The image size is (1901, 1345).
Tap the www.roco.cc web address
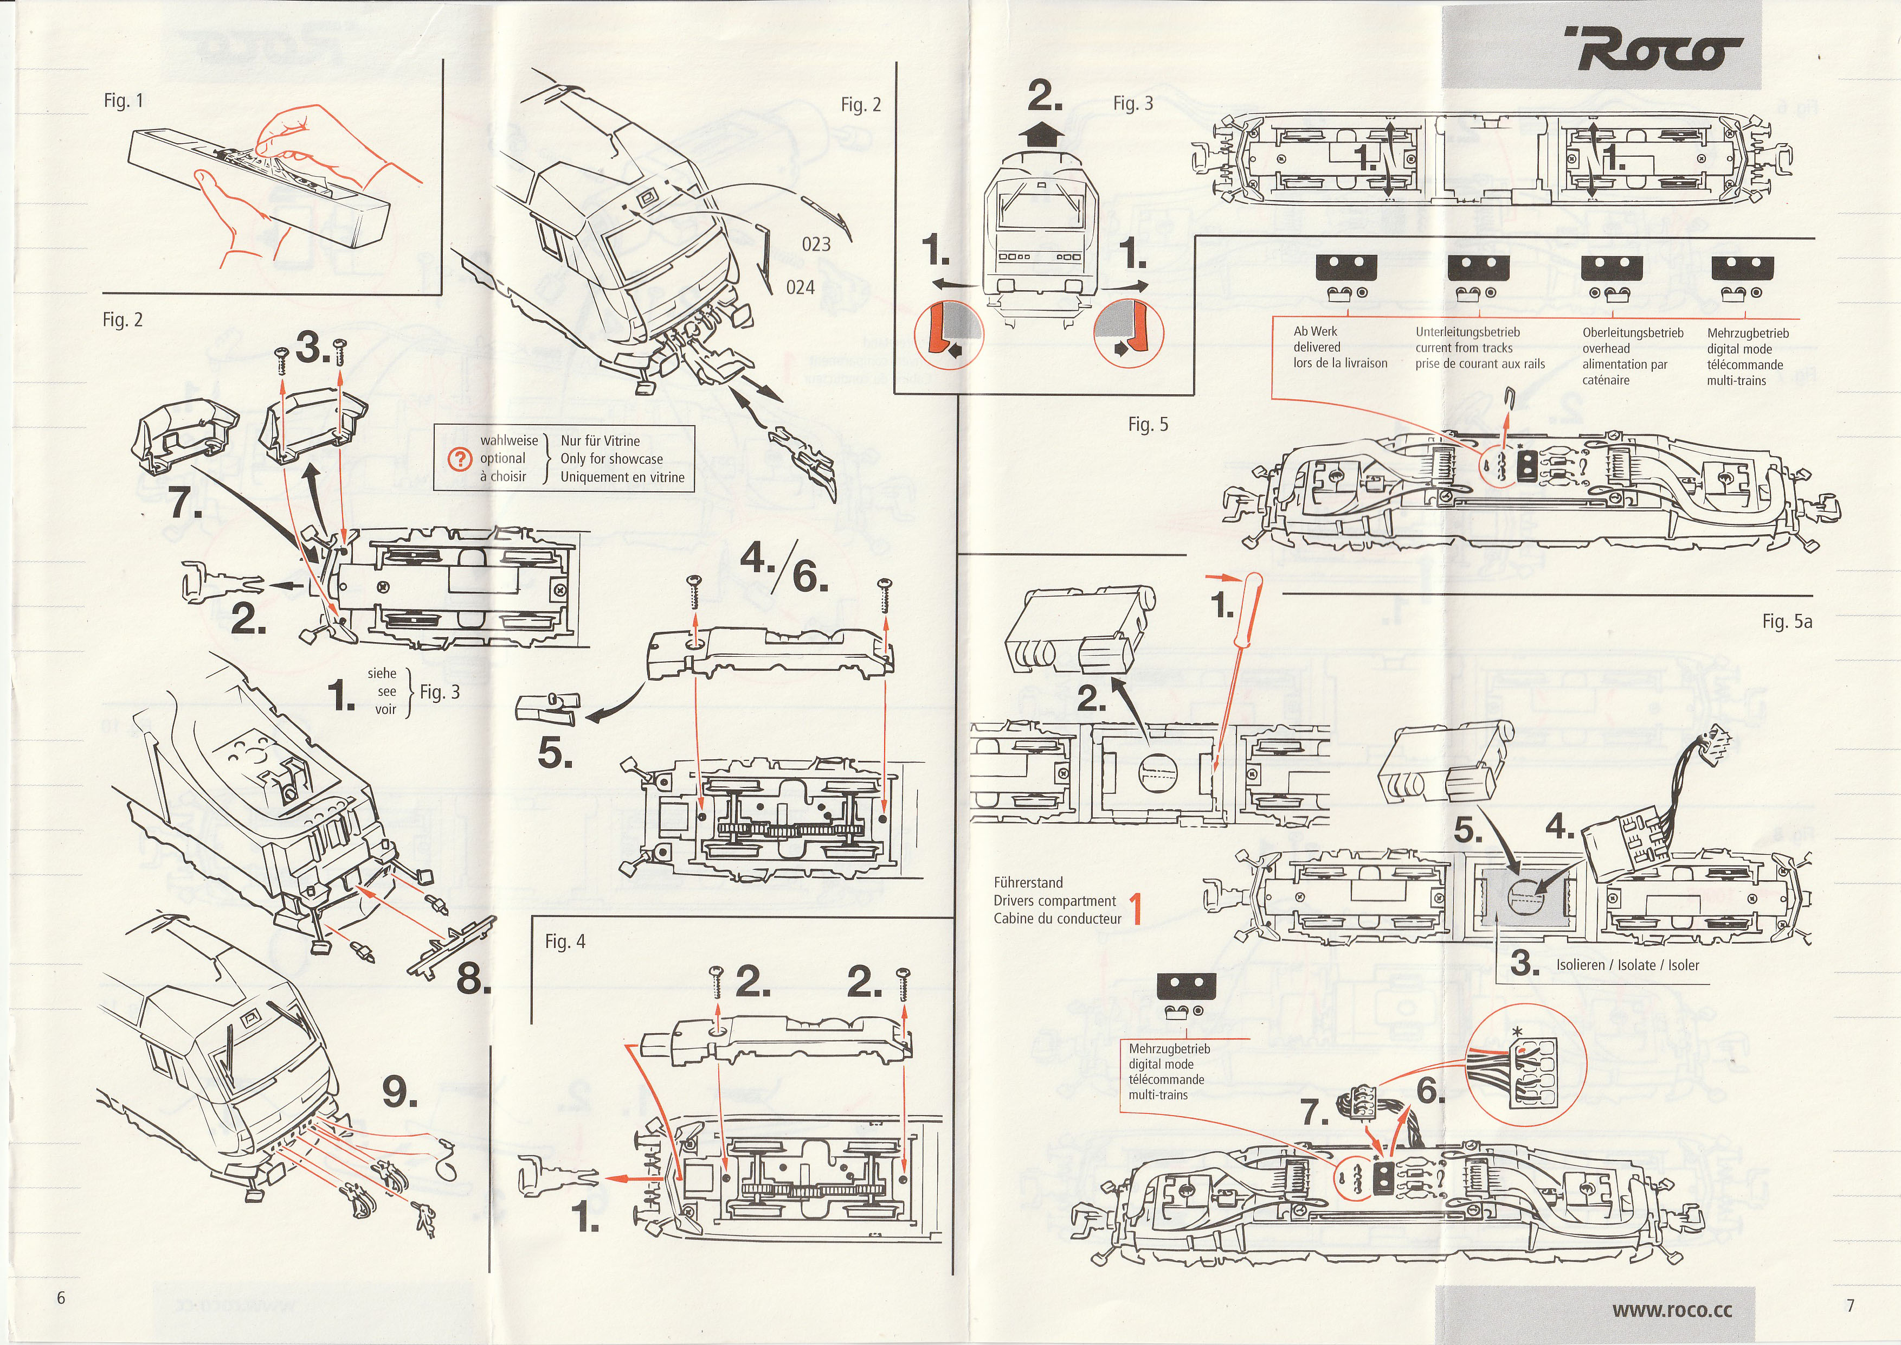pos(1672,1309)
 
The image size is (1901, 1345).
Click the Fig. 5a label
pos(1787,622)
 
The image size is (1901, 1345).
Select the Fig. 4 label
pos(565,941)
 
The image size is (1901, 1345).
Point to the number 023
pos(816,244)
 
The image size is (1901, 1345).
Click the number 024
pos(800,287)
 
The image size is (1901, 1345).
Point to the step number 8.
pos(473,980)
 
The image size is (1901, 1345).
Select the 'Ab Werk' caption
pos(1316,331)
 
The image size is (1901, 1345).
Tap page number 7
pos(1851,1305)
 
